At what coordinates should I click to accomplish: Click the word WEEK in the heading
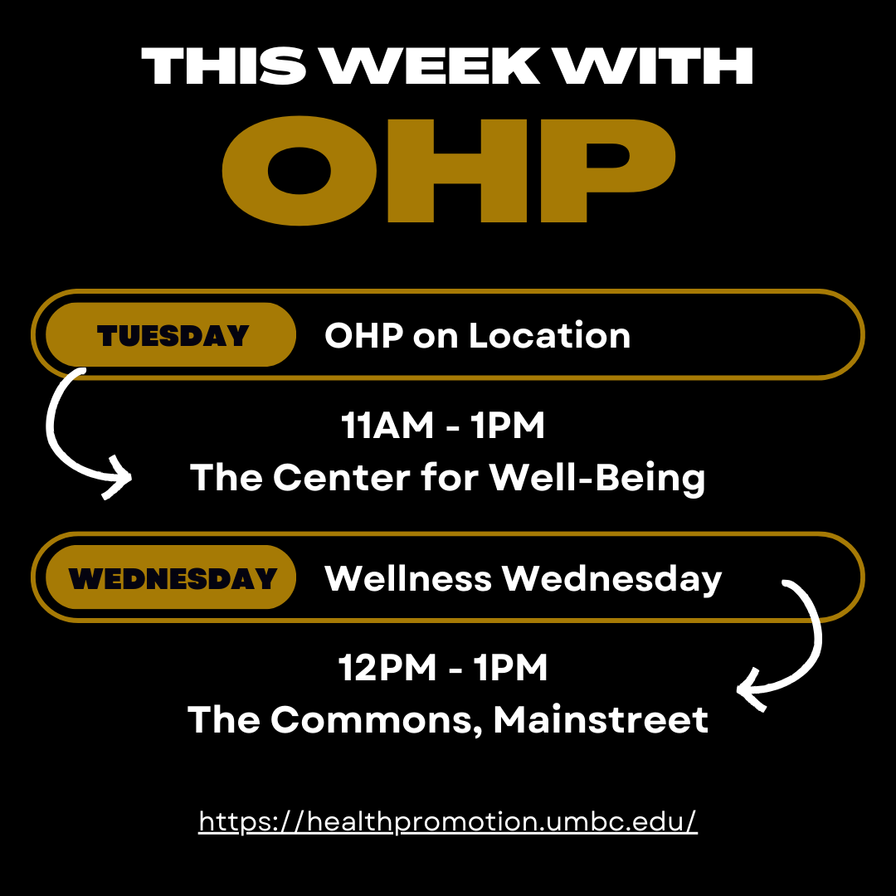point(431,66)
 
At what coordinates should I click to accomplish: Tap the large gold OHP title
point(449,170)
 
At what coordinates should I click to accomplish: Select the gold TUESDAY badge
point(171,335)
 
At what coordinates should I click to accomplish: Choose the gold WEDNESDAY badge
point(171,577)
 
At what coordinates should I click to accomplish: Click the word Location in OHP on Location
point(550,335)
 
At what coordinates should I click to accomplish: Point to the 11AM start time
point(387,425)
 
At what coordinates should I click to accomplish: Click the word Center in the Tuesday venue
point(342,477)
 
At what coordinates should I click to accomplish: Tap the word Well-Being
point(597,479)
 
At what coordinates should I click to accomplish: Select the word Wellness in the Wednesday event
point(408,578)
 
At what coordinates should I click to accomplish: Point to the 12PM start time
point(387,667)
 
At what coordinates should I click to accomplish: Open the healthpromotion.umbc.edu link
point(448,821)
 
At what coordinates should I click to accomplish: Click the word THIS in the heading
point(223,66)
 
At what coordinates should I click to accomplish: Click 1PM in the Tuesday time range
point(508,425)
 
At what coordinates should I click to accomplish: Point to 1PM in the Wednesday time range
point(510,667)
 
